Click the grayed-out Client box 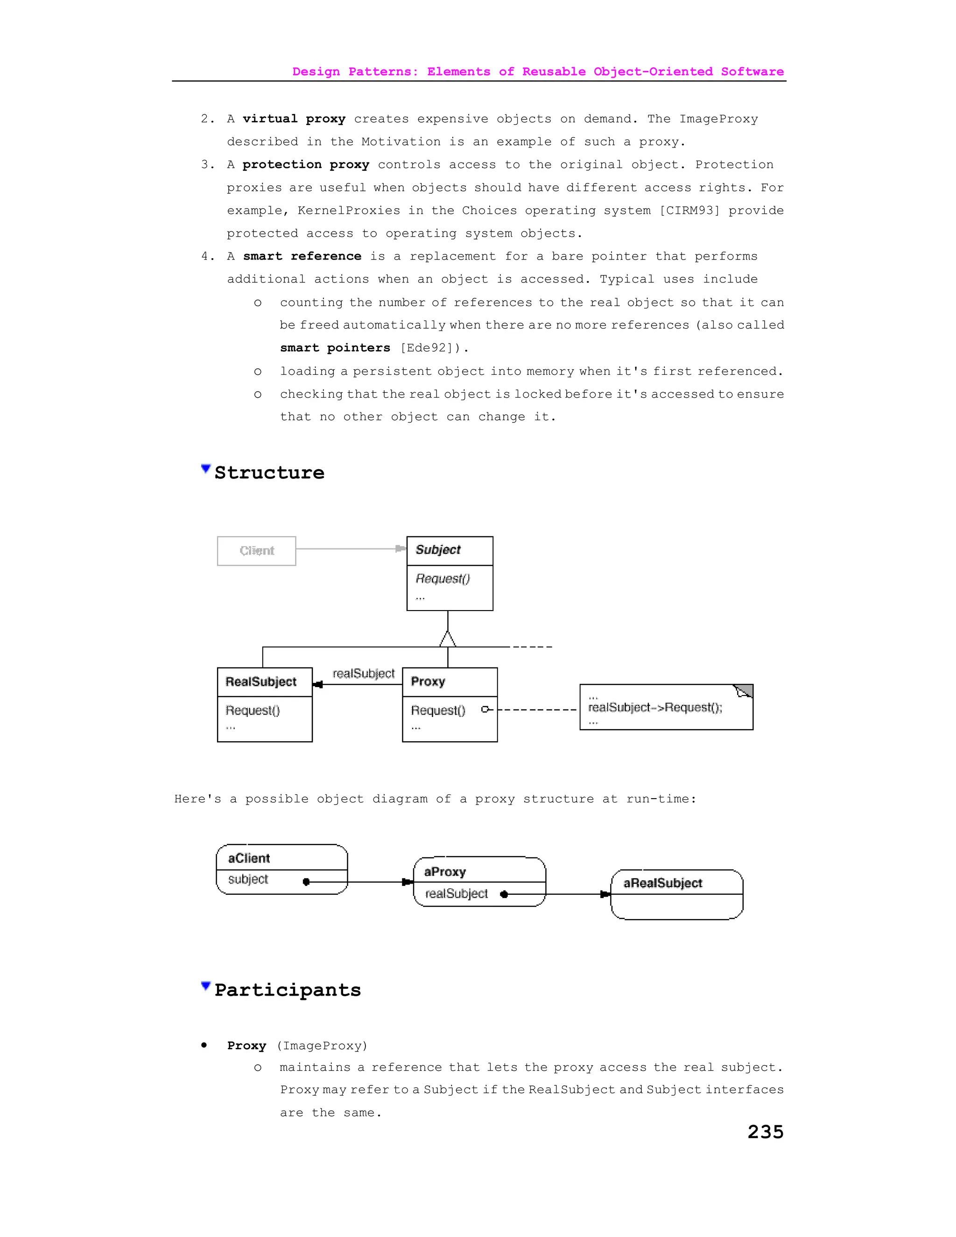(257, 550)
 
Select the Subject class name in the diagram (438, 549)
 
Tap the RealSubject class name (261, 682)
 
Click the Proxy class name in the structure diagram (428, 682)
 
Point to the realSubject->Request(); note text (655, 707)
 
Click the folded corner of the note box (744, 690)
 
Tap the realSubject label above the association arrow (364, 674)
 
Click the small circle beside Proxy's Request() (485, 709)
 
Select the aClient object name (249, 858)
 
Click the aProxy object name (445, 872)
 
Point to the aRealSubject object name (663, 883)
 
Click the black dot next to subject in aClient (306, 881)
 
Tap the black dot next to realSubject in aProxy (504, 894)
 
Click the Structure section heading (270, 472)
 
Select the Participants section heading (288, 990)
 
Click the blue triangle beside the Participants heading (205, 986)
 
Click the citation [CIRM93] (689, 211)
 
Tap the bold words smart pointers (335, 348)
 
